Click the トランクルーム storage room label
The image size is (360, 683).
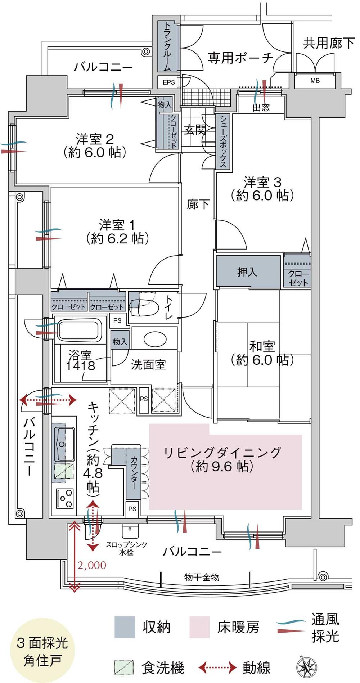pos(167,47)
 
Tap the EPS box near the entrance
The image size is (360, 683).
pos(168,82)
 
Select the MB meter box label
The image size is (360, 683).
pos(315,81)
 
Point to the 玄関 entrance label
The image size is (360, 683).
pos(195,130)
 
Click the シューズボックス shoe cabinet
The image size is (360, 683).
pos(223,141)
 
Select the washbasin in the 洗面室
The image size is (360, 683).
pos(155,338)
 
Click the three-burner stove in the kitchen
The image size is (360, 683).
pos(65,499)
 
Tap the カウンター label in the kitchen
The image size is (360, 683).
pos(134,472)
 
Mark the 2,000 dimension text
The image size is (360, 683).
pos(92,565)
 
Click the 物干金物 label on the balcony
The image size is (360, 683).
pos(202,578)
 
